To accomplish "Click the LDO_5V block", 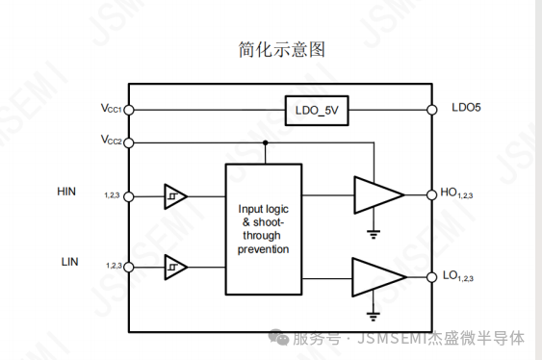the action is (x=317, y=111).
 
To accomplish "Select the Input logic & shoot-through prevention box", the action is (x=264, y=229).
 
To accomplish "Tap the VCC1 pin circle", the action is (x=129, y=110).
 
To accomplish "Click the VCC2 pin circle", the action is (x=129, y=142).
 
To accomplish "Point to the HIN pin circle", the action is (x=129, y=196).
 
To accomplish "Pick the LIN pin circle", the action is (x=129, y=267).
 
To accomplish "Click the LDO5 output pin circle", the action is (x=431, y=110).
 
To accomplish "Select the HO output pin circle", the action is (x=431, y=195).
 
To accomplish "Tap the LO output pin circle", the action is (x=431, y=277).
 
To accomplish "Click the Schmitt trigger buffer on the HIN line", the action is (x=175, y=196).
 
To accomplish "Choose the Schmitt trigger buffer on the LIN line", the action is (x=175, y=267).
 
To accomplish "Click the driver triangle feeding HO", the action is (x=377, y=195).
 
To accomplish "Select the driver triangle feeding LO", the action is (x=377, y=277).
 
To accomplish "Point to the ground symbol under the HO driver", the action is (x=374, y=235).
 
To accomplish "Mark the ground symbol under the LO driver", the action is (x=373, y=317).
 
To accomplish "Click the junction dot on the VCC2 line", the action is (x=265, y=142).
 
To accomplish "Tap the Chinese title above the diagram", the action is (x=282, y=49).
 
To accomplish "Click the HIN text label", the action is (x=66, y=192).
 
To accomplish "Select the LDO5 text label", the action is (x=466, y=108).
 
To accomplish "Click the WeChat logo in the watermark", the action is (x=279, y=337).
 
